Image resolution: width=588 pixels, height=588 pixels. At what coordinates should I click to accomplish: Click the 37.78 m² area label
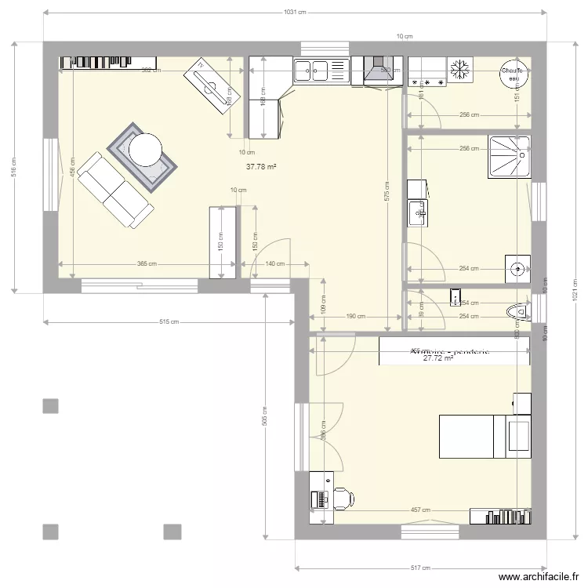pyautogui.click(x=262, y=166)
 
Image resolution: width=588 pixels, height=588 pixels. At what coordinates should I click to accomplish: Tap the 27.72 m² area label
pyautogui.click(x=438, y=359)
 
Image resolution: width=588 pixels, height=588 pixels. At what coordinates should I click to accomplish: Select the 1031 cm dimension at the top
pyautogui.click(x=295, y=12)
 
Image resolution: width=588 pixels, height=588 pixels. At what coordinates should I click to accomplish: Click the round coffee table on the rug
pyautogui.click(x=146, y=150)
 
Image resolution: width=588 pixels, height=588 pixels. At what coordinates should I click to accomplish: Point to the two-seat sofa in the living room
pyautogui.click(x=115, y=190)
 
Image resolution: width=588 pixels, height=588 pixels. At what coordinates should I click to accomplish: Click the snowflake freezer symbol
pyautogui.click(x=462, y=66)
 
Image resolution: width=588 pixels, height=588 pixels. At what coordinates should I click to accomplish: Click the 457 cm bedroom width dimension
pyautogui.click(x=420, y=510)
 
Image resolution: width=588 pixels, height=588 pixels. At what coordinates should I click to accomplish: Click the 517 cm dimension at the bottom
pyautogui.click(x=420, y=568)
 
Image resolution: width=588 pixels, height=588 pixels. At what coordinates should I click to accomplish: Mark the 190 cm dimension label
pyautogui.click(x=356, y=317)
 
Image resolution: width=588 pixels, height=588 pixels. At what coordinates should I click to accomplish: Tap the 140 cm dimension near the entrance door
pyautogui.click(x=274, y=265)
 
